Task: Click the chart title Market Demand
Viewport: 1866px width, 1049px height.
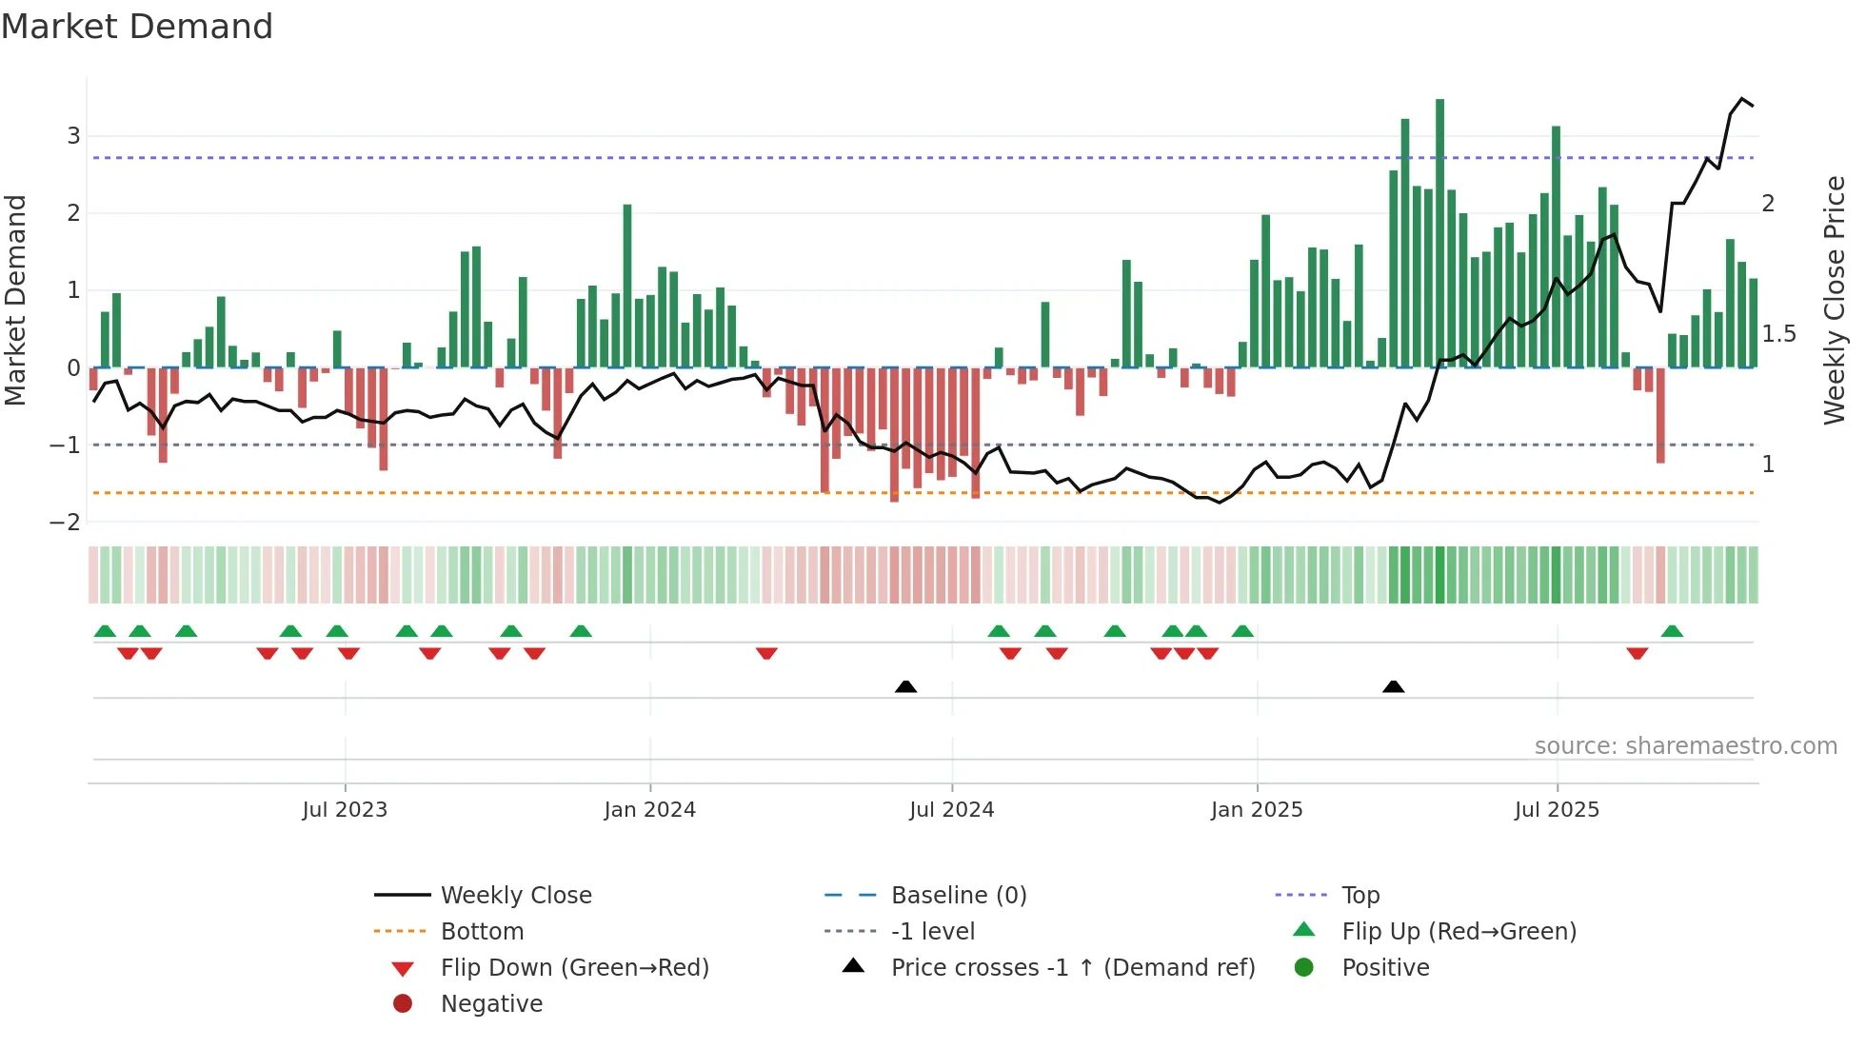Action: [137, 27]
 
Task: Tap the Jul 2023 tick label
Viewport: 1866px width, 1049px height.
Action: [345, 810]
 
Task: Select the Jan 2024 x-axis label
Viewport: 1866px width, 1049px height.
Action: [649, 810]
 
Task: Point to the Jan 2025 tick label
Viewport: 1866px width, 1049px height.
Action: [1256, 810]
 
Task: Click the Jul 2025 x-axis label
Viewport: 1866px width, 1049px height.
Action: [1557, 810]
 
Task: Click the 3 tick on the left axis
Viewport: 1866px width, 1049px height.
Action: [73, 136]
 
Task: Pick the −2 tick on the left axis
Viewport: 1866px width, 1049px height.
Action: [66, 523]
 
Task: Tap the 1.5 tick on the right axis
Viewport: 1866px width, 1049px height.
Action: [1778, 334]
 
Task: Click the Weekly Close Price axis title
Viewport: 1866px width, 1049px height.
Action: [1834, 300]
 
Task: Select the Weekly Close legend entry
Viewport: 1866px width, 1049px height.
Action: [515, 896]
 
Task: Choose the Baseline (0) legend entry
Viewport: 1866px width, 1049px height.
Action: [958, 896]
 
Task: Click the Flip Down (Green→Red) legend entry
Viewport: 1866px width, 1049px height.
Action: [574, 968]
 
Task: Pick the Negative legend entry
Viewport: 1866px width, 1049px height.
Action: [491, 1004]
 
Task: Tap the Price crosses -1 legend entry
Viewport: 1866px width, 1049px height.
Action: [1072, 968]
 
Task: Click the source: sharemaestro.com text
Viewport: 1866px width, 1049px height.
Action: [1685, 746]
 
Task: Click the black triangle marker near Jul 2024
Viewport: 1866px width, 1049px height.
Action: [905, 686]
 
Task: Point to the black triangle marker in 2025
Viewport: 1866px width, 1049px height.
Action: [1393, 686]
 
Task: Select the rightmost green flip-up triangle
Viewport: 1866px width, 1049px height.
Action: [1672, 631]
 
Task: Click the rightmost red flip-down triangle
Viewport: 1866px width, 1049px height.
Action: [1637, 653]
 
